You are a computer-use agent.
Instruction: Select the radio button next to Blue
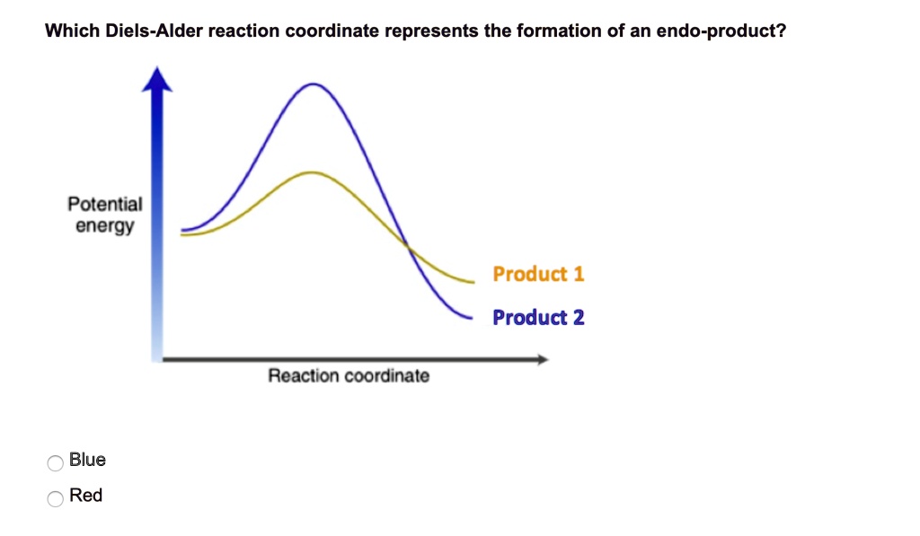point(55,462)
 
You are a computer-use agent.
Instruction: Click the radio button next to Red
point(55,498)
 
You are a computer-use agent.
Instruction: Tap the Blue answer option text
point(87,459)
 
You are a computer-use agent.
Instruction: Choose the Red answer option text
point(85,495)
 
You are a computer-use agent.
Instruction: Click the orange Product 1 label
point(538,274)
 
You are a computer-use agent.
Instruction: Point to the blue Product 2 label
point(538,317)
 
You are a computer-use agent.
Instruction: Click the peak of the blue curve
point(314,84)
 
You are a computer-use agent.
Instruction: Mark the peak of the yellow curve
point(312,172)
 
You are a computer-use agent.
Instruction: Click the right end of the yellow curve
point(473,282)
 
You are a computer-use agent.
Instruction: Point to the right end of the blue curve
point(471,318)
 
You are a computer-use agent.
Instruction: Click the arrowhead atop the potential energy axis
point(156,79)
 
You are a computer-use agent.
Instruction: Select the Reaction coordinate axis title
point(349,375)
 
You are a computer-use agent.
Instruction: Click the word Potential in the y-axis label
point(105,204)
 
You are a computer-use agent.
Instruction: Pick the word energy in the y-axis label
point(105,225)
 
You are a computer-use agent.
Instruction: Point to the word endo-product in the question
point(721,31)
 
